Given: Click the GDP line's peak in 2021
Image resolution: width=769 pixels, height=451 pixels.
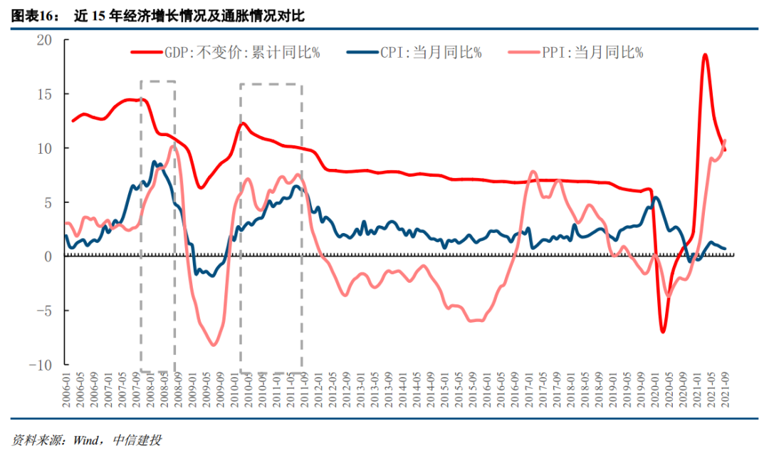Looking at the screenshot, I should [704, 55].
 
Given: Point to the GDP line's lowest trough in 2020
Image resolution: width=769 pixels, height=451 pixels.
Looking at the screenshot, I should [663, 332].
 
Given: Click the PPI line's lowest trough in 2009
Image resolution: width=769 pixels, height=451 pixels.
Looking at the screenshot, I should [214, 345].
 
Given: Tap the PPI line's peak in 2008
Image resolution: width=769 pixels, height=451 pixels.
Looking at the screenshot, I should [173, 147].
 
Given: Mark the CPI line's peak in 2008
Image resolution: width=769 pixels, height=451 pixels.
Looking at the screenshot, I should [155, 162].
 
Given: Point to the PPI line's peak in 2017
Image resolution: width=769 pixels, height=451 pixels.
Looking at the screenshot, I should [532, 172].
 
